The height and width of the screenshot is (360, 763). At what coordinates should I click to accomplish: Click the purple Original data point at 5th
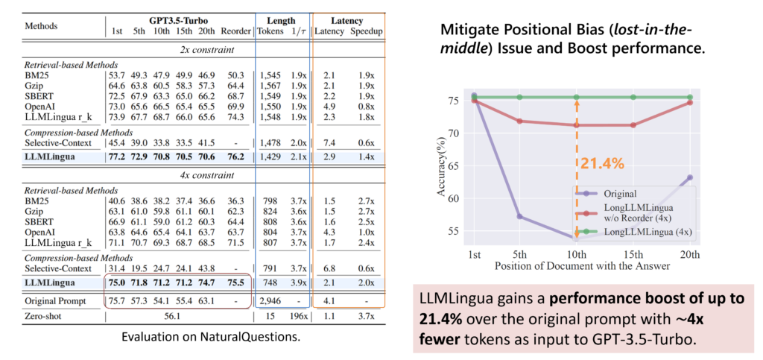tap(520, 217)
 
